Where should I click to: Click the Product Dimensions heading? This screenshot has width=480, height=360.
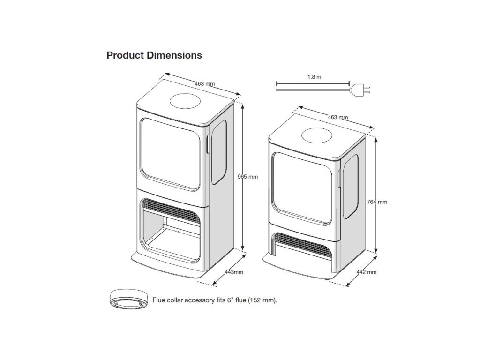[x=154, y=55]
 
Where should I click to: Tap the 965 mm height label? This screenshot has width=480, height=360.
[x=248, y=177]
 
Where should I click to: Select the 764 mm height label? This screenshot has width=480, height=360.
[x=377, y=202]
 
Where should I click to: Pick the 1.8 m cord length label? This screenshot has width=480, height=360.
[x=315, y=76]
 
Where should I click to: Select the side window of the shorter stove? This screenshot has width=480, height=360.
[x=351, y=187]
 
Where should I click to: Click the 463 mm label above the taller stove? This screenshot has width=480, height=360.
[x=204, y=84]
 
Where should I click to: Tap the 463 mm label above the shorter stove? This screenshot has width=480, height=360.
[x=337, y=117]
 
